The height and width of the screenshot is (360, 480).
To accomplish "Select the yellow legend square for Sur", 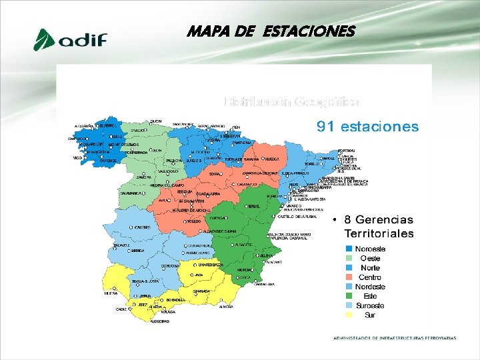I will (x=349, y=315).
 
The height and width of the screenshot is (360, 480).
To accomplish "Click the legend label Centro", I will (x=370, y=277).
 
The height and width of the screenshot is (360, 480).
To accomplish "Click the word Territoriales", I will (x=379, y=233).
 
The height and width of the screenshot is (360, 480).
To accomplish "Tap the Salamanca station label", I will (x=130, y=193).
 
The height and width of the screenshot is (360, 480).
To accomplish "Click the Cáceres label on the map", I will (x=142, y=227).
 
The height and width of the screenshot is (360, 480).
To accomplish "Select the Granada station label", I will (x=201, y=291).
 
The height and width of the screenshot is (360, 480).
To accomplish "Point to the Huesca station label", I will (x=272, y=160).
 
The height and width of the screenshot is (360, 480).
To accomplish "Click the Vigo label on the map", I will (x=77, y=158).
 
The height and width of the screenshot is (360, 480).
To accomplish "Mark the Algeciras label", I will (x=159, y=321).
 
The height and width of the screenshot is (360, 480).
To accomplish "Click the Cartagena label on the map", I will (x=265, y=284).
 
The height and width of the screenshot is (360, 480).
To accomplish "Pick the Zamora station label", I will (x=144, y=177).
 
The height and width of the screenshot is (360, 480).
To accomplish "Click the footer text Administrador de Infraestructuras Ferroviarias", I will (x=395, y=338).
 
